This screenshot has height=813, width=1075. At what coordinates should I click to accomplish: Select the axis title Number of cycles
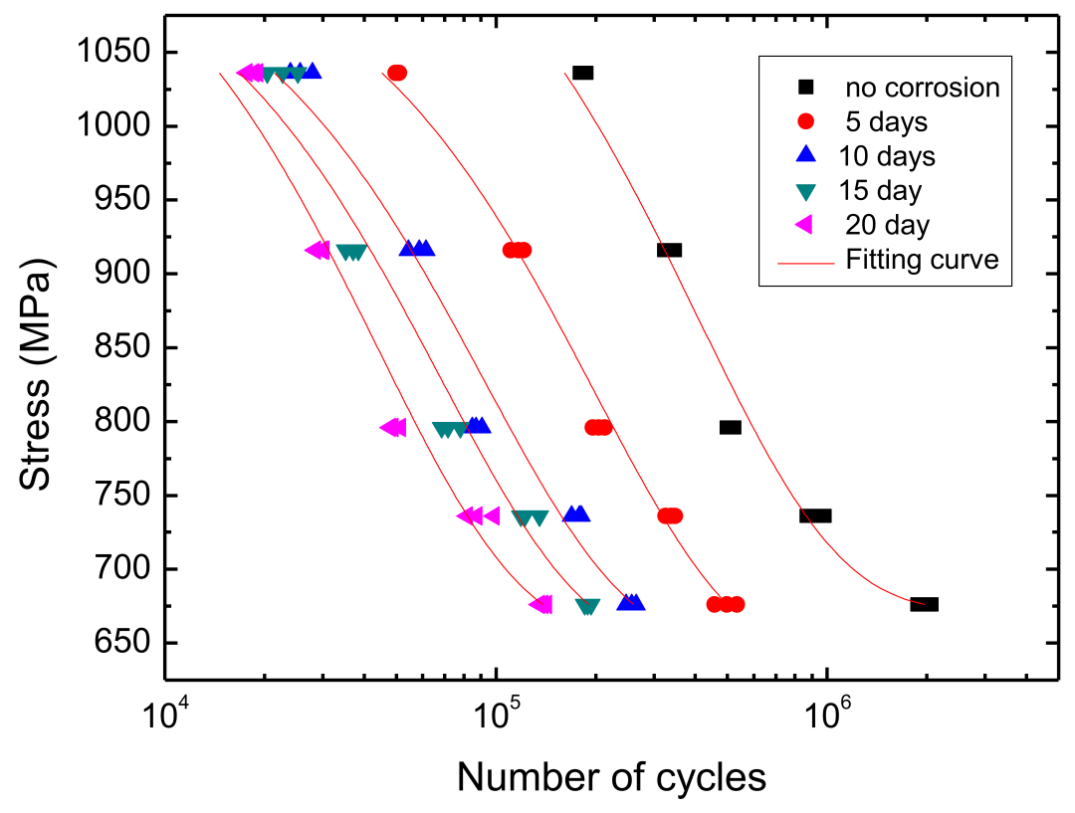click(611, 777)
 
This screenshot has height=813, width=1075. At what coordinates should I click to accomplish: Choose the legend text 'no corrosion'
click(922, 88)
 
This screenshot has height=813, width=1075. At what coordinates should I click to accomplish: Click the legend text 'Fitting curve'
click(922, 260)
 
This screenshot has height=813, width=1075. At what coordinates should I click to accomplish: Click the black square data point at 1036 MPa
click(583, 73)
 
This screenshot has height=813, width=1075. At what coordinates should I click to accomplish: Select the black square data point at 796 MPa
click(731, 427)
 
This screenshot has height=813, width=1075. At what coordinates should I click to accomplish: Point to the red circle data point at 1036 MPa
click(397, 73)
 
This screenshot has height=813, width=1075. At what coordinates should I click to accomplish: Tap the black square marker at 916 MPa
click(669, 250)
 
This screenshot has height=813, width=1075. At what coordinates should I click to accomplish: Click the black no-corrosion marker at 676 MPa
click(924, 604)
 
